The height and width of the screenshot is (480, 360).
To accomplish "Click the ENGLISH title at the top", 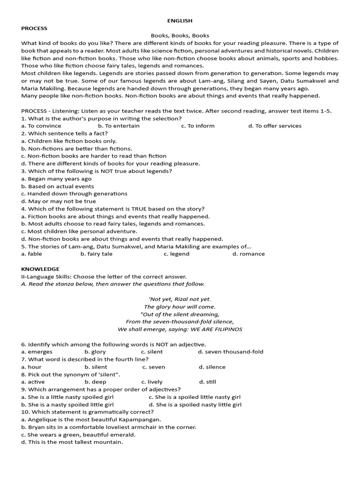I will pos(180,21).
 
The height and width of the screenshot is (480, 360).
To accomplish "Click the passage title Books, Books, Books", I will pos(180,36).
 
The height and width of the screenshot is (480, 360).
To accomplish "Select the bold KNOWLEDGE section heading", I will pos(40,269).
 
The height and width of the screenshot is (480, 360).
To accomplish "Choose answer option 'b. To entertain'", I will pos(119,126).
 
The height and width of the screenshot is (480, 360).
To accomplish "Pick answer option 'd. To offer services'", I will pos(275,126).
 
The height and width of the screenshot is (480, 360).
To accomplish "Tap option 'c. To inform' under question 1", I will pos(198,126).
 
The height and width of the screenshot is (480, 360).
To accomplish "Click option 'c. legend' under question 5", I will pos(176,254).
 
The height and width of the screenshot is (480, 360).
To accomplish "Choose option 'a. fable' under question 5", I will pos(31,254).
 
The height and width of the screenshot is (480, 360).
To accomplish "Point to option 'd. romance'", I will pos(248,254).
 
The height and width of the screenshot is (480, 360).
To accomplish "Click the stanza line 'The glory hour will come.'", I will pos(180,307).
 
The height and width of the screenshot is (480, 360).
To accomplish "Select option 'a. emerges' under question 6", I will pos(37,352).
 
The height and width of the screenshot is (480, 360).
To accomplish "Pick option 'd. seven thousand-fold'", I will pos(231,352).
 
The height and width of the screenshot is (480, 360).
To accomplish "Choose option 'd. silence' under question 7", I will pos(212,367).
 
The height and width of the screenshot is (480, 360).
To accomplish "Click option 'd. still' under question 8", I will pos(208,382).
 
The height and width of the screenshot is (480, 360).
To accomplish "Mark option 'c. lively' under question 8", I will pos(152,382).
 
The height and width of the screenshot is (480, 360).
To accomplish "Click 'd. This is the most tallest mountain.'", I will pos(72,442).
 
